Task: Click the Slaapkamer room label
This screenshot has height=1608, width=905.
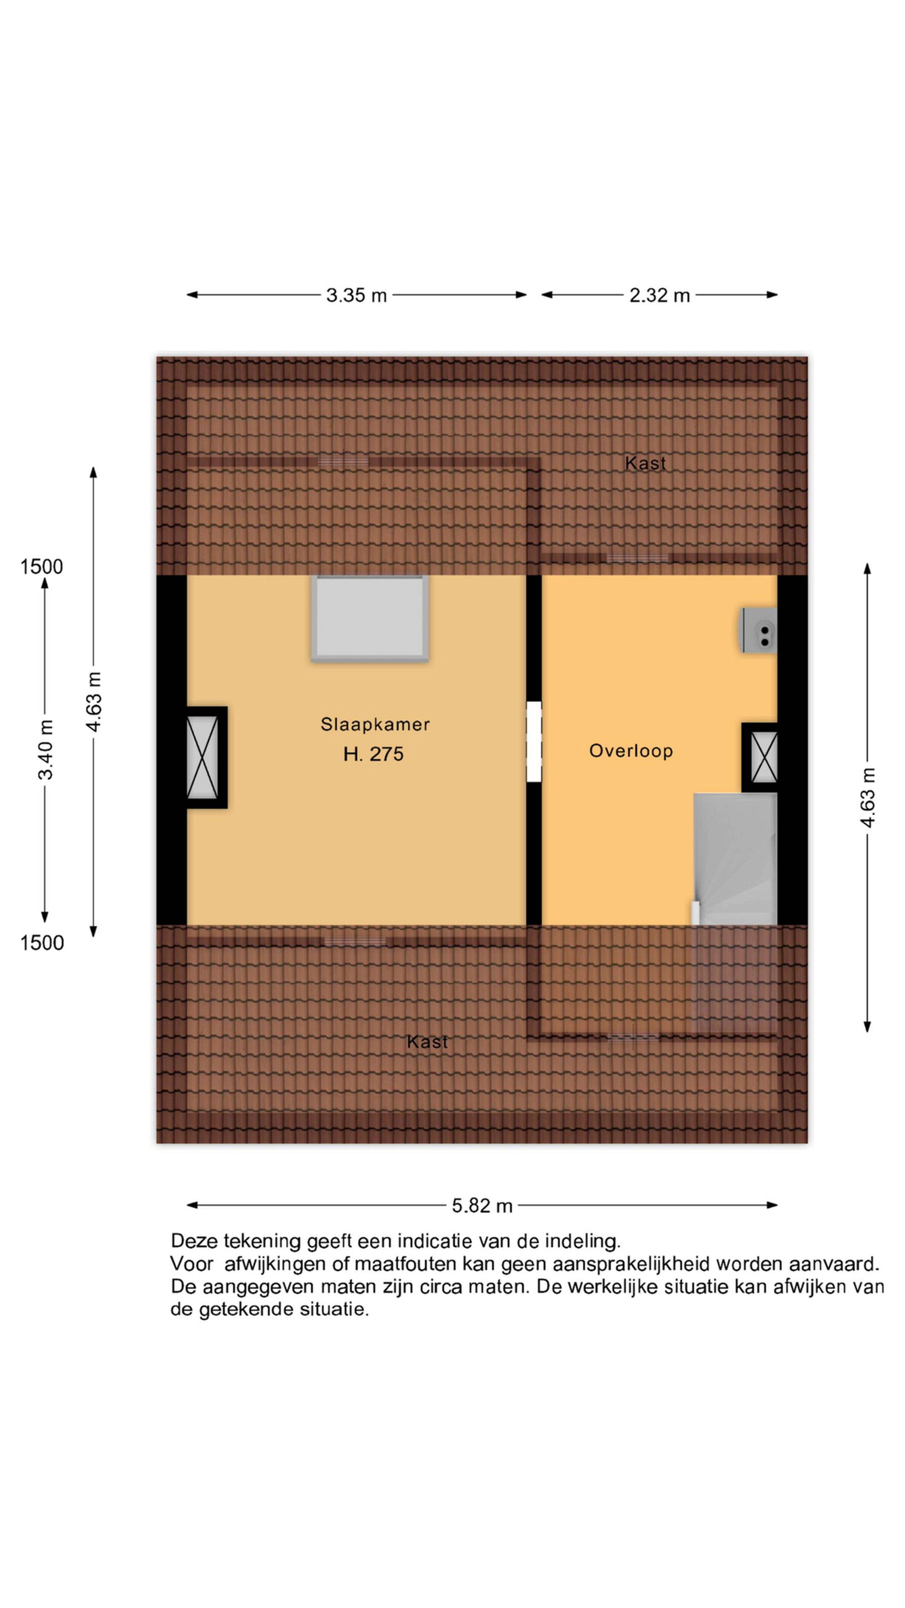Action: coord(375,724)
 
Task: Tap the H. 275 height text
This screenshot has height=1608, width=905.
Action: coord(374,754)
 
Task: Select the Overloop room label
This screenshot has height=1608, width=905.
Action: coord(631,750)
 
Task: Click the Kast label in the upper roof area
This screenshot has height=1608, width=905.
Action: coord(645,463)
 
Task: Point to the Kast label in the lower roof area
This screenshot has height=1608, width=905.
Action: coord(427,1041)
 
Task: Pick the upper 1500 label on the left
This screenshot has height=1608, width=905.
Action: coord(42,567)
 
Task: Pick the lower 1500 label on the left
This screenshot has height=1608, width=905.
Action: coord(42,943)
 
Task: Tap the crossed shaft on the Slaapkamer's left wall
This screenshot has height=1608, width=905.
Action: coord(202,757)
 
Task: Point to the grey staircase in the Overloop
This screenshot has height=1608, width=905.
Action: coord(735,859)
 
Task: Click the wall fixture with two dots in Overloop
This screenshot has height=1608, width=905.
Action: coord(759,630)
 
